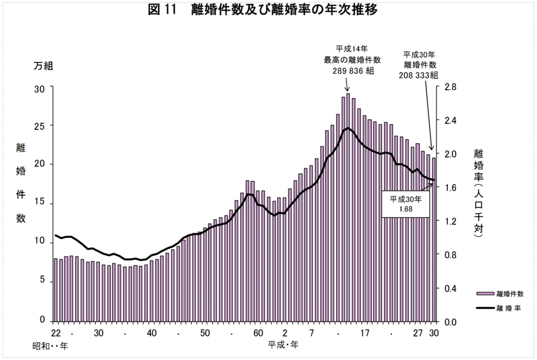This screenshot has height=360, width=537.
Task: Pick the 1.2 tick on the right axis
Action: [450, 221]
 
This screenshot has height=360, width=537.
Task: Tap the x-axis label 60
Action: [257, 333]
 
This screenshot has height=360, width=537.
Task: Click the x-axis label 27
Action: [417, 333]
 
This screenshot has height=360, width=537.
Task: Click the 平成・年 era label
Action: [283, 345]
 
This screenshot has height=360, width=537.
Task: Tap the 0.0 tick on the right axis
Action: [450, 322]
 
